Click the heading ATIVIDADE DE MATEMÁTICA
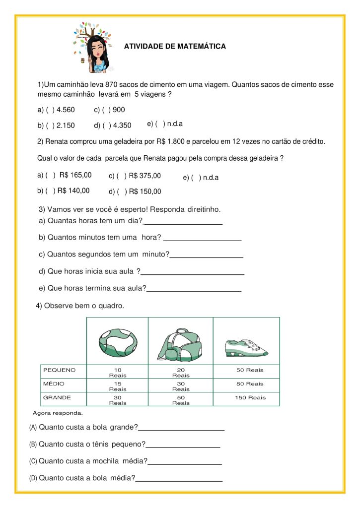(175, 47)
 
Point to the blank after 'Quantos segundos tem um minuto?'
(206, 256)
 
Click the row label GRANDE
(57, 397)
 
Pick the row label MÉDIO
(54, 383)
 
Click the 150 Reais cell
(250, 398)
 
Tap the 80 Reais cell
(250, 384)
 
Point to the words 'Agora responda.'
(58, 413)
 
